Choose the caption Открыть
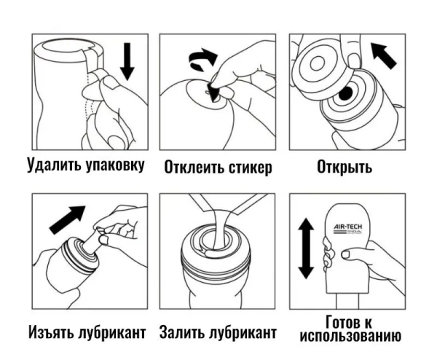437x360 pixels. point(345,166)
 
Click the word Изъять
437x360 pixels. point(52,332)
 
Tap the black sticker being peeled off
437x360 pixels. point(213,90)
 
